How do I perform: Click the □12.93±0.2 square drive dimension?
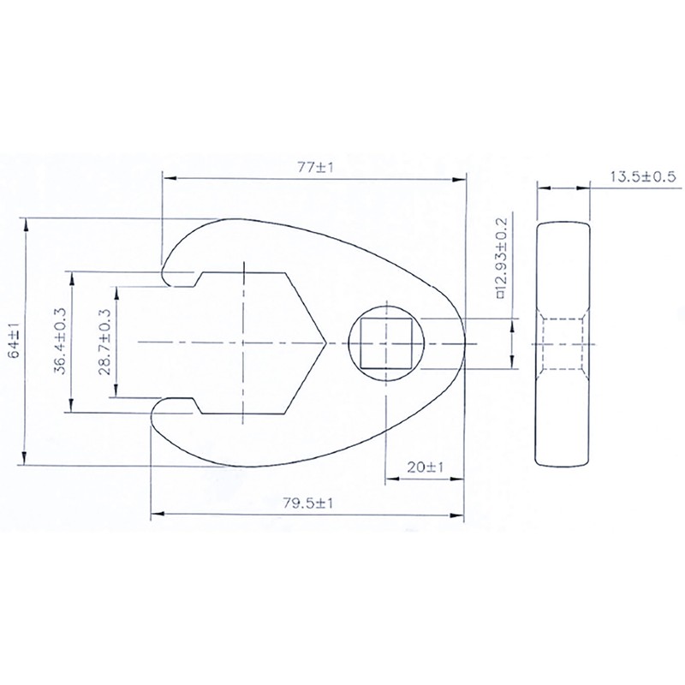point(502,257)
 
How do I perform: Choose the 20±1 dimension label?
point(425,468)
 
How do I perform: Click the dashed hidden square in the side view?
point(563,342)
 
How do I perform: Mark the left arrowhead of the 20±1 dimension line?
point(387,478)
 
